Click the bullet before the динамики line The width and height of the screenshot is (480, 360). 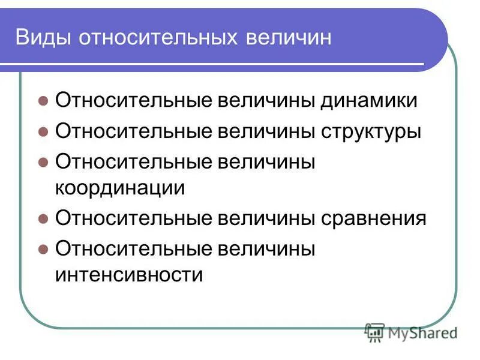[x=43, y=101]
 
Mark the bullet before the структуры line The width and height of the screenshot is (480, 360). [x=43, y=131]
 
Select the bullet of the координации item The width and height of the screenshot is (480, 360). [x=43, y=161]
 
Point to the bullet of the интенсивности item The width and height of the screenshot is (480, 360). [x=43, y=248]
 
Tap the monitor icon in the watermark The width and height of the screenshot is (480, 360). [x=375, y=332]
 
